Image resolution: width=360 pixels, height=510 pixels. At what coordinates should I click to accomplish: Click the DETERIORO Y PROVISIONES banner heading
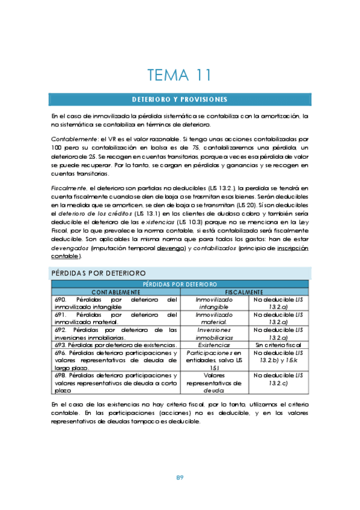coord(180,99)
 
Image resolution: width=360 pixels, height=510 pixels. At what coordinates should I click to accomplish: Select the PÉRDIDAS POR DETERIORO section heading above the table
coord(97,273)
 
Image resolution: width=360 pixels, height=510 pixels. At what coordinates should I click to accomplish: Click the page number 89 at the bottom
coord(180,477)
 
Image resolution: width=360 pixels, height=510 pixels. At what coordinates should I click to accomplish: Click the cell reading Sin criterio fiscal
coord(278,345)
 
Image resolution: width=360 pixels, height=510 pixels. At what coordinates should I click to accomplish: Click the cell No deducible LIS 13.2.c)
coord(278,378)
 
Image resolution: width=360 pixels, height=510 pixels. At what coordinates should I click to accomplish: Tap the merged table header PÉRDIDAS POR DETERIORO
coord(180,284)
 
